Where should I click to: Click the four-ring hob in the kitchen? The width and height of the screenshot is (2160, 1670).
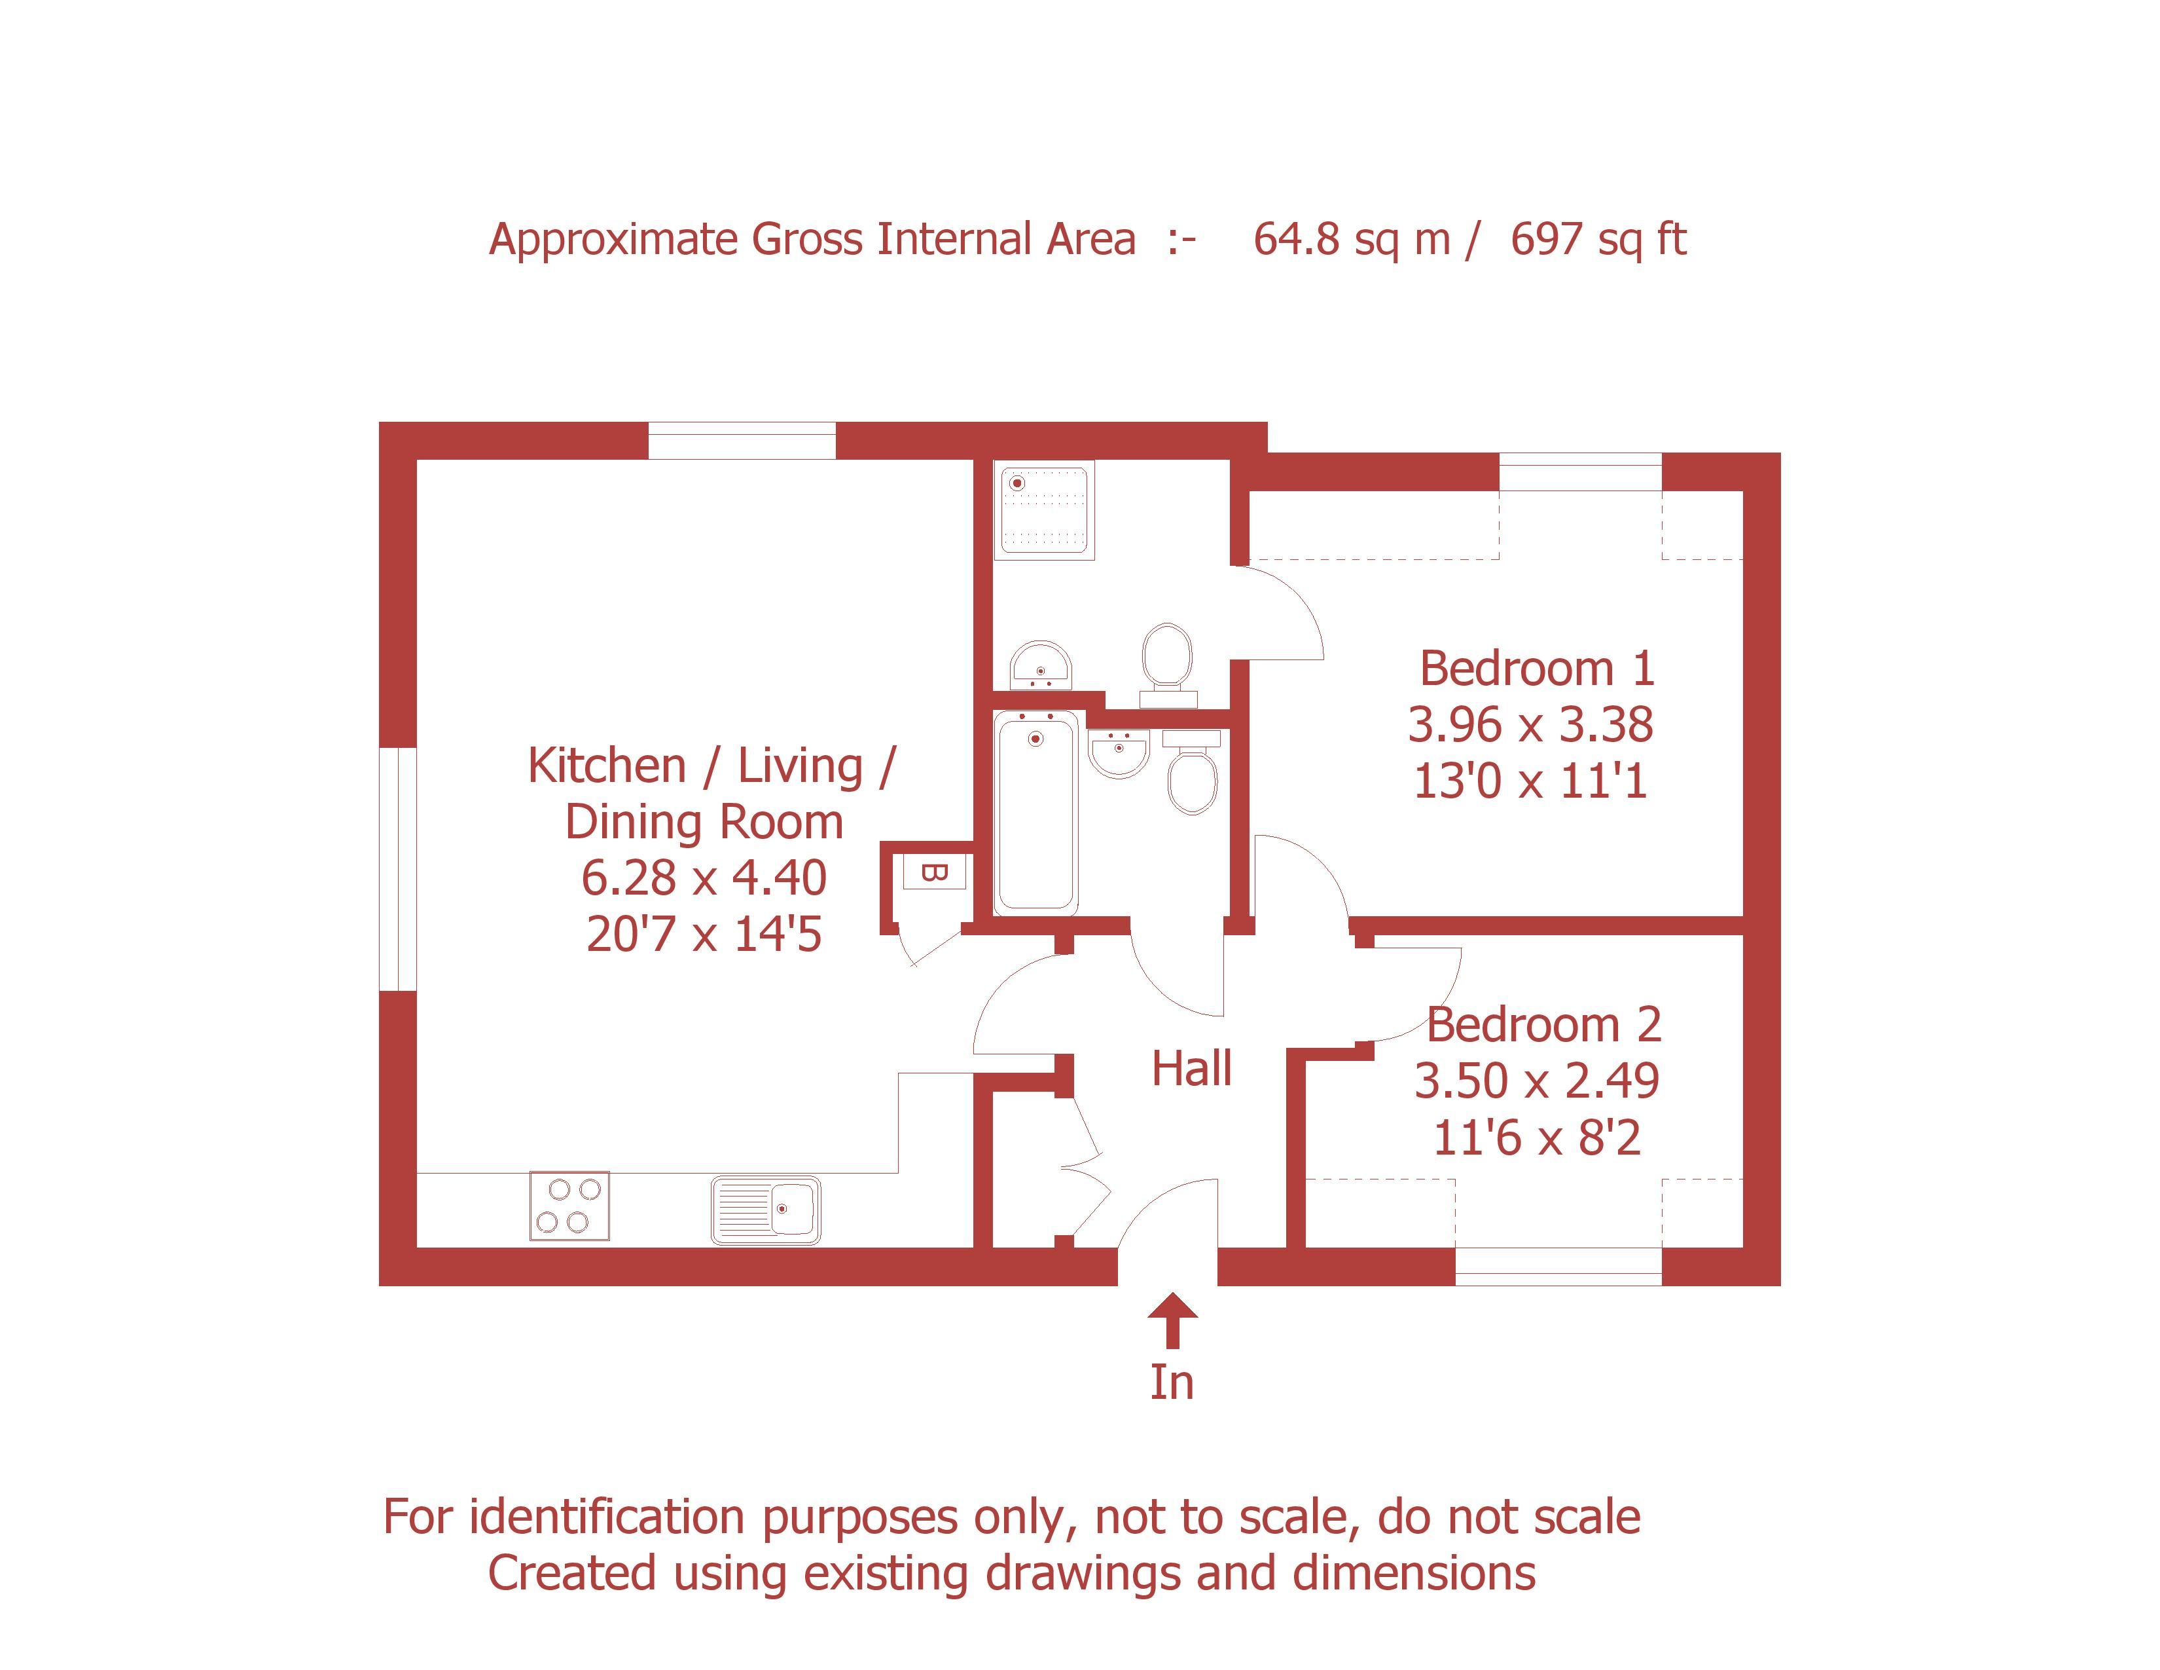point(569,1205)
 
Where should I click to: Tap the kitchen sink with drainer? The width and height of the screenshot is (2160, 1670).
point(766,1209)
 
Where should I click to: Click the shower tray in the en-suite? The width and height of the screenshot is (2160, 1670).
point(1045,511)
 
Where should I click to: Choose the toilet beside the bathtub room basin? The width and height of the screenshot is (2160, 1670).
point(1192,771)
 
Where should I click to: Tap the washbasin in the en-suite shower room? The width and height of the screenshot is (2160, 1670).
point(1041,665)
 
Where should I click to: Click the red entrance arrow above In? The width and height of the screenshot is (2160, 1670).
point(1172,1321)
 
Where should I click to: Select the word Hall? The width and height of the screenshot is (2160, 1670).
point(1192,1069)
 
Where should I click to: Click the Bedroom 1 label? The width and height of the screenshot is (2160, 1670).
point(1537,669)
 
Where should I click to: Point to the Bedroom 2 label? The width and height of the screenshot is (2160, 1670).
point(1544,1025)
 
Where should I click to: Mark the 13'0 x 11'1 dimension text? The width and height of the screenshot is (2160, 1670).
point(1530,781)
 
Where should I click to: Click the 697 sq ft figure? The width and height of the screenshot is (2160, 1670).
point(1598,240)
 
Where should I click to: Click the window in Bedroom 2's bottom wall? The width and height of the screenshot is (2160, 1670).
point(1558,1267)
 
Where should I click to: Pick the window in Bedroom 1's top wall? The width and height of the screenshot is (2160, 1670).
point(1581,472)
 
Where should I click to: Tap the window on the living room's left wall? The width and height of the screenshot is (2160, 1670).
point(397,868)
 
